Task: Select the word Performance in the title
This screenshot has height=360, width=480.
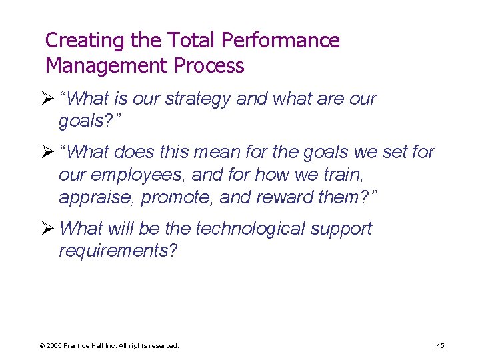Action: click(280, 41)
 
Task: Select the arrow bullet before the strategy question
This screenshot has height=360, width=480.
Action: click(50, 99)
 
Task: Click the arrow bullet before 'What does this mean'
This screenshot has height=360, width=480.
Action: click(50, 152)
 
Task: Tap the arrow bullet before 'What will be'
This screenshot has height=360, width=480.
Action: click(50, 229)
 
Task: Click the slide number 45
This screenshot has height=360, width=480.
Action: click(440, 345)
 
